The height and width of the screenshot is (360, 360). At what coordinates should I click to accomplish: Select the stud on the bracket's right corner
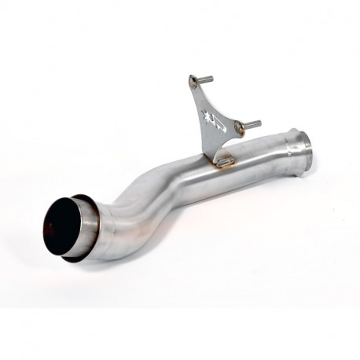pos(250,123)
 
